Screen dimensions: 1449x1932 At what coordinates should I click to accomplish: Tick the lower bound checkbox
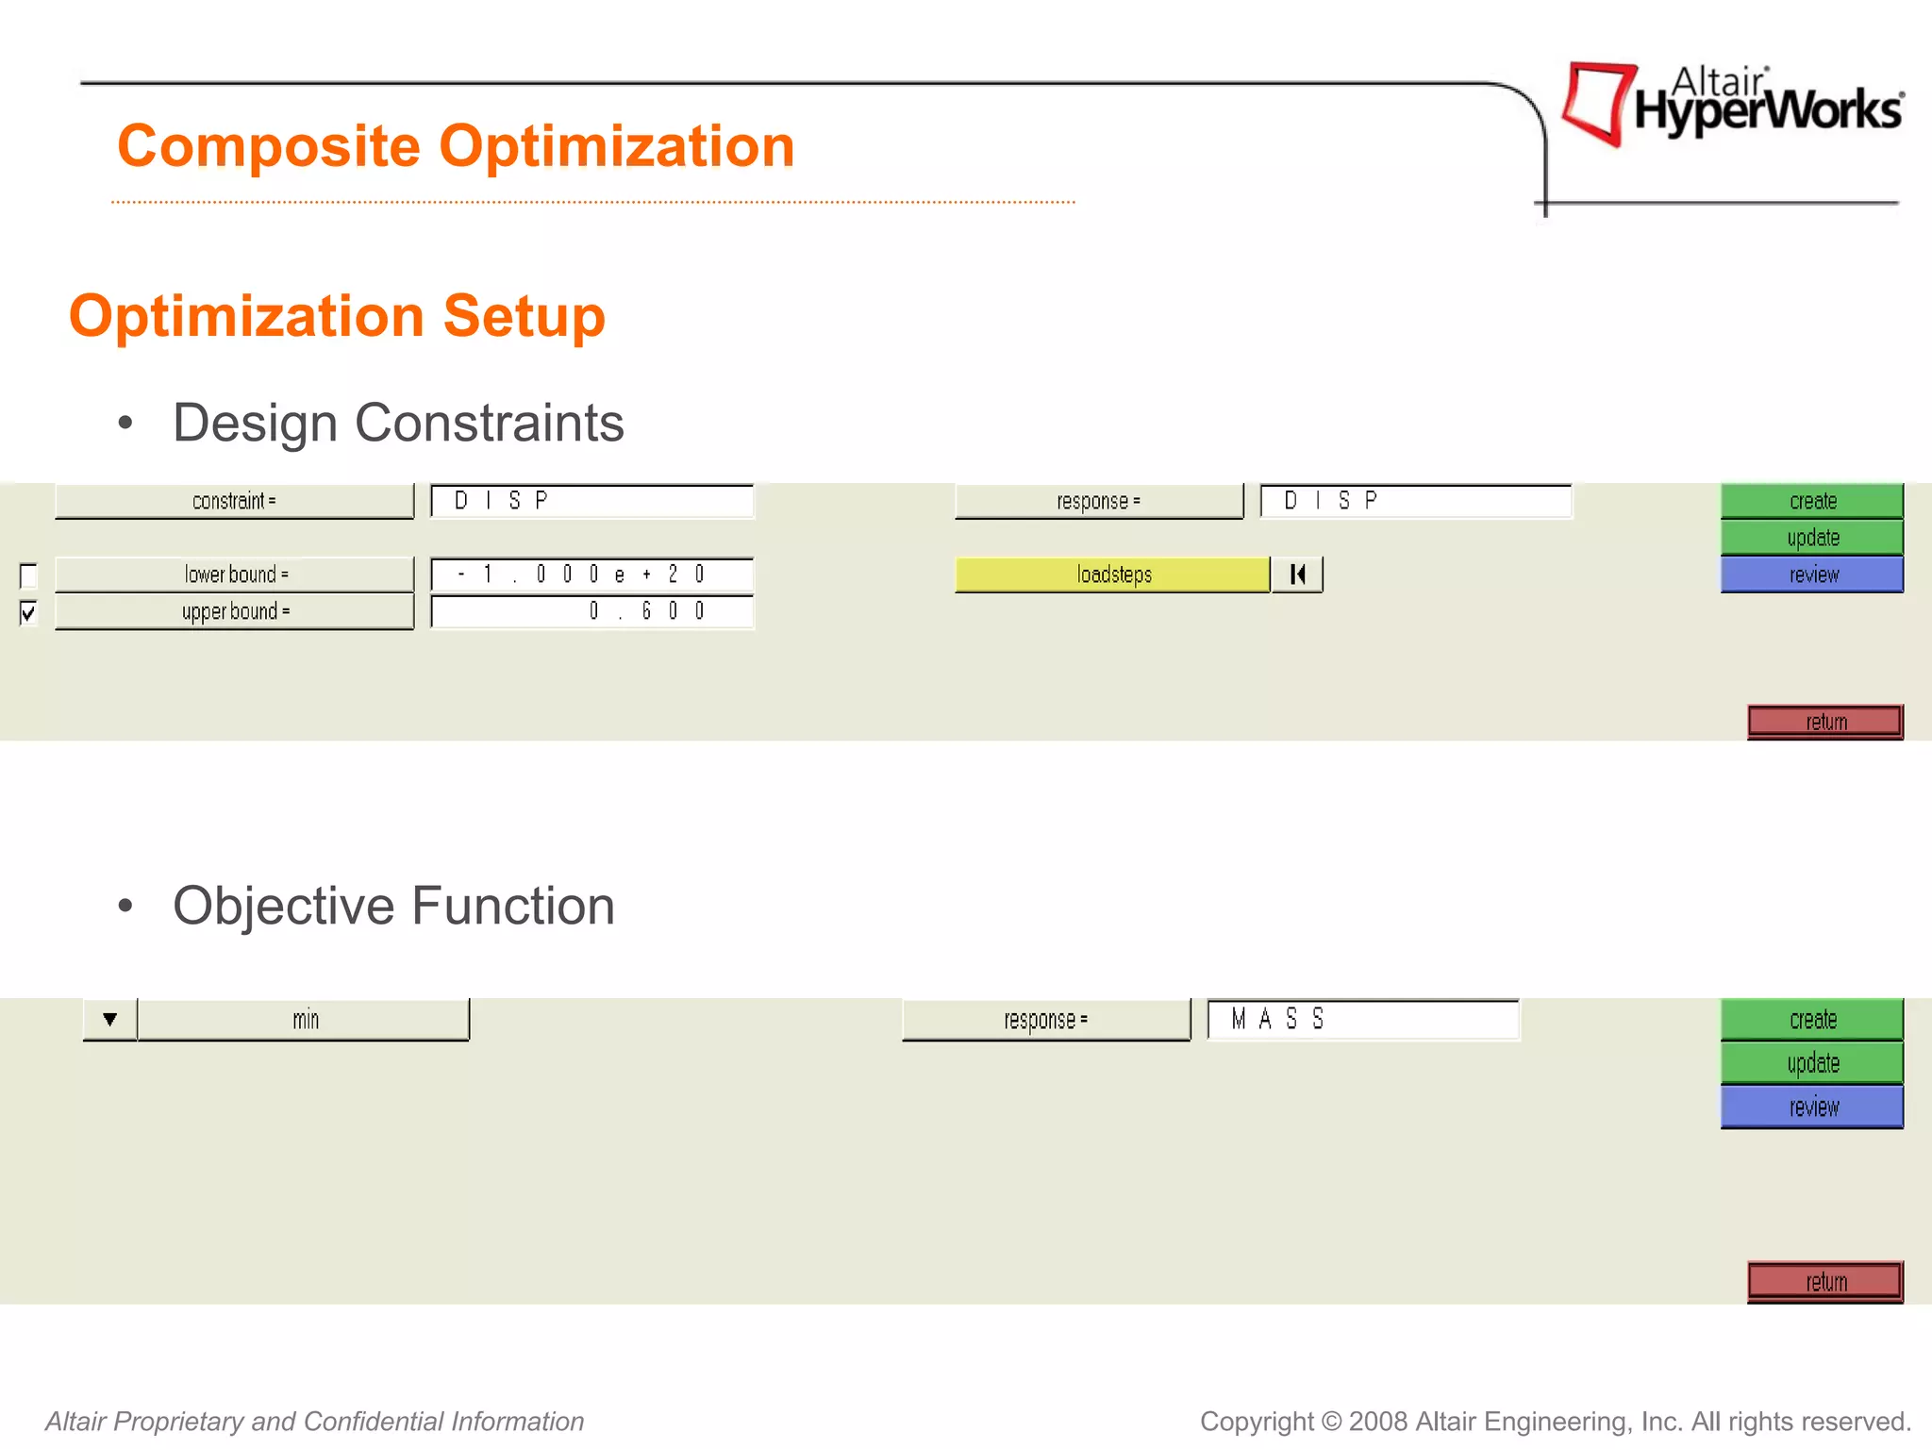28,575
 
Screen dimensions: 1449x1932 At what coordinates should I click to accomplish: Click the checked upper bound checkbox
28,613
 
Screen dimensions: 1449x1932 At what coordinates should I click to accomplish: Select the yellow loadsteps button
1112,575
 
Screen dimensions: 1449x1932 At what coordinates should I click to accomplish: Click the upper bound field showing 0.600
592,611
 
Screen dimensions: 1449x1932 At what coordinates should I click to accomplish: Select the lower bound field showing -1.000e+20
592,575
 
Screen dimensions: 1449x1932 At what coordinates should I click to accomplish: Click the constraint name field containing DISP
592,501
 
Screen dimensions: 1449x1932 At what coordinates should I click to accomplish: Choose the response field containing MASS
1363,1020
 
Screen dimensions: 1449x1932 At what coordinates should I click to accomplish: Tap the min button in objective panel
304,1020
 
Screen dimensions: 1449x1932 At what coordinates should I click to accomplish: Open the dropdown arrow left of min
110,1020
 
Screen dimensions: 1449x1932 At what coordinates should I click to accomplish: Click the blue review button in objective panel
1812,1107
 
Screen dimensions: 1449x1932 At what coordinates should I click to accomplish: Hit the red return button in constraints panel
1824,722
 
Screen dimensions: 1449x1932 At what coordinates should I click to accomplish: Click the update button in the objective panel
1812,1063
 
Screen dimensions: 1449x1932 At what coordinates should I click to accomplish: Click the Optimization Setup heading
337,315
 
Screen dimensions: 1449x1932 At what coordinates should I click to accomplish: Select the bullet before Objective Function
125,907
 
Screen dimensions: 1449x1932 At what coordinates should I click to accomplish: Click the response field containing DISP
1415,501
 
